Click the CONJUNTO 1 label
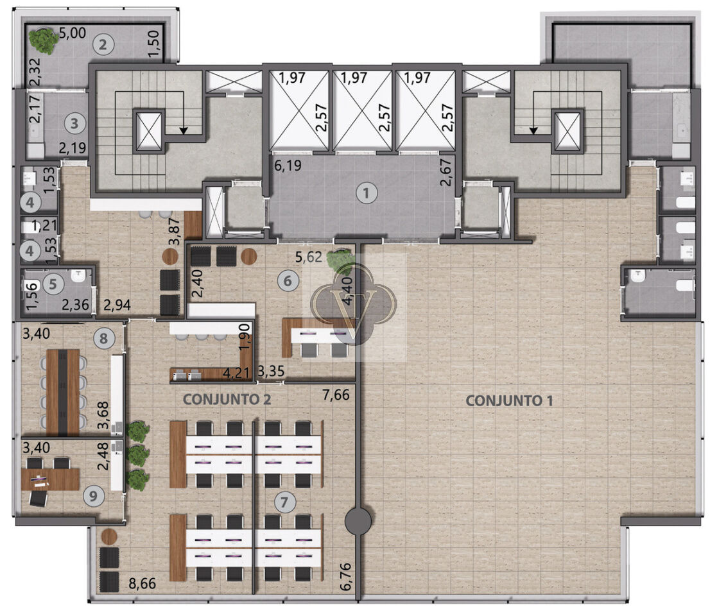click(x=509, y=400)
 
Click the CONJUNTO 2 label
click(x=227, y=399)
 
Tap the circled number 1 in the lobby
click(x=366, y=193)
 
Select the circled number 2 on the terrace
click(x=103, y=44)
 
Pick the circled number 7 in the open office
click(x=284, y=502)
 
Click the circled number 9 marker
click(x=93, y=497)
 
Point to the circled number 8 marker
click(x=104, y=338)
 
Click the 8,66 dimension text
click(x=142, y=583)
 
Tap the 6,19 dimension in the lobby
click(x=288, y=165)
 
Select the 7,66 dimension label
click(x=336, y=395)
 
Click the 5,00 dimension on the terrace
click(x=73, y=33)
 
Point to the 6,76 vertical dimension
click(x=345, y=577)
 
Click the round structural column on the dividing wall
click(x=358, y=522)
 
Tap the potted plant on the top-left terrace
click(x=44, y=40)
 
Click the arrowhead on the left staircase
click(x=184, y=131)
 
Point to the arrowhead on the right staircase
click(x=533, y=131)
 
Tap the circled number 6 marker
click(x=288, y=281)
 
